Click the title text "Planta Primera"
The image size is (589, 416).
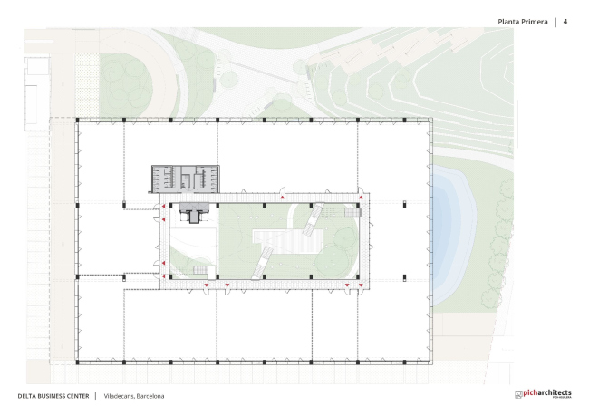click(x=523, y=22)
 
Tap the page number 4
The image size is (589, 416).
click(x=565, y=22)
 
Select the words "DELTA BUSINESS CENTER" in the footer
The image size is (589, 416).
click(x=53, y=396)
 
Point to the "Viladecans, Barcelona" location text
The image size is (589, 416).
click(x=134, y=396)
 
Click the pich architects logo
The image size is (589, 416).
click(x=543, y=394)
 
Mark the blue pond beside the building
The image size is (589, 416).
click(x=453, y=235)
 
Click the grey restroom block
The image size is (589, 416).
click(x=186, y=179)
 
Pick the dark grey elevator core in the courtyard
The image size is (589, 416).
click(x=194, y=213)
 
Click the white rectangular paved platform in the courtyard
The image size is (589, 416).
click(x=288, y=242)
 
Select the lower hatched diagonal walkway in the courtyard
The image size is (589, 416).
click(x=263, y=263)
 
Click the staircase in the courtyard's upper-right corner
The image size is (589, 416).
click(x=352, y=213)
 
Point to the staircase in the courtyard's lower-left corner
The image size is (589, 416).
click(x=200, y=270)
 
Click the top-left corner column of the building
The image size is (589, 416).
click(x=78, y=120)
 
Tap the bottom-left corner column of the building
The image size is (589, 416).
click(x=78, y=363)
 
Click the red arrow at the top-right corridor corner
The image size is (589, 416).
click(x=361, y=198)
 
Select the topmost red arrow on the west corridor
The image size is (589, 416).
click(x=163, y=207)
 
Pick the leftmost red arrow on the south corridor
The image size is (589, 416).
click(x=207, y=285)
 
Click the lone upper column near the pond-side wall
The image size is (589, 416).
click(x=404, y=204)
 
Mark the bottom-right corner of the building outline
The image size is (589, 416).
click(x=432, y=364)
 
